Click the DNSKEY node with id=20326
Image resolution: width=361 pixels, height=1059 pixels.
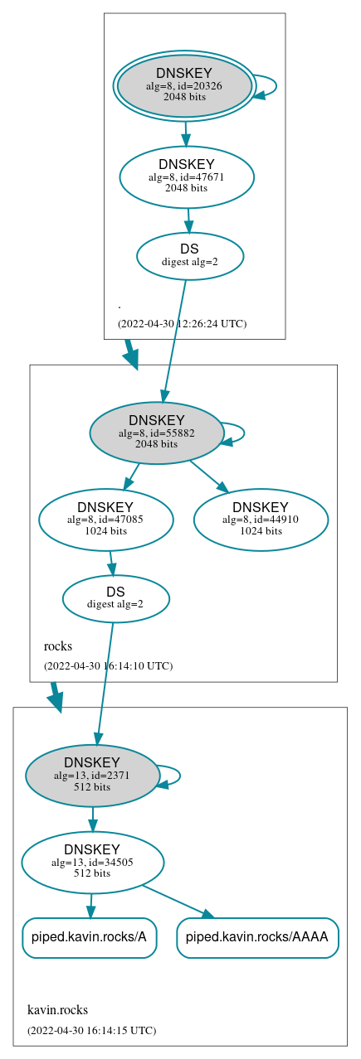tap(184, 86)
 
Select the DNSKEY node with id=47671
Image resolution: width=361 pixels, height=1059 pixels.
tap(187, 176)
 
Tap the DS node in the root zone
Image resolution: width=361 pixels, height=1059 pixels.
tap(189, 255)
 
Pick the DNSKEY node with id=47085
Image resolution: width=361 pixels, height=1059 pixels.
tap(105, 520)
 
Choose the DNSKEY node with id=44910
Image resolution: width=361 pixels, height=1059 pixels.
tap(261, 520)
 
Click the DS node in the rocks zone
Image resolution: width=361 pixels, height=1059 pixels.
tap(115, 598)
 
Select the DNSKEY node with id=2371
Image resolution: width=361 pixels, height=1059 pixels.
tap(92, 776)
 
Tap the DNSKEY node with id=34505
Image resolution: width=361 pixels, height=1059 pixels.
tap(92, 863)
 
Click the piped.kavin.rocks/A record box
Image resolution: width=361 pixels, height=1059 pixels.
tap(89, 937)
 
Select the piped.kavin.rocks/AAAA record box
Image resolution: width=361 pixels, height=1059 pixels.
tap(257, 937)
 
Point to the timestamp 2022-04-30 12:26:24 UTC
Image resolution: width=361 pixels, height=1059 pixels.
tap(182, 323)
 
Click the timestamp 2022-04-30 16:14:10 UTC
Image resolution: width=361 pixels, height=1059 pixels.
tap(108, 665)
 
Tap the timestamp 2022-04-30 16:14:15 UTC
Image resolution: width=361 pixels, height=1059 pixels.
tap(91, 1030)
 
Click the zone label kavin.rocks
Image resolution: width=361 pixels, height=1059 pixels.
tap(57, 1009)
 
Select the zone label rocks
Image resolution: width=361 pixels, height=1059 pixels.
tap(58, 646)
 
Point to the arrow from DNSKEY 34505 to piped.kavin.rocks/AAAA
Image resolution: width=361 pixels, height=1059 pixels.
tap(178, 901)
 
